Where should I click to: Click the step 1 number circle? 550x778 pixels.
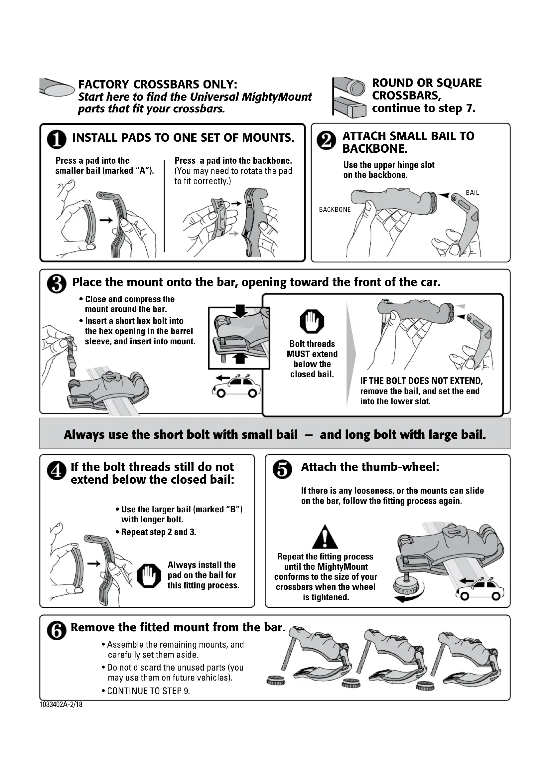click(x=57, y=140)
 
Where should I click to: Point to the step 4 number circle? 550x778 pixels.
click(x=57, y=471)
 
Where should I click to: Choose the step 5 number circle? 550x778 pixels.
click(x=282, y=470)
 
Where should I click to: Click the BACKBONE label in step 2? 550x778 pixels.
click(x=335, y=210)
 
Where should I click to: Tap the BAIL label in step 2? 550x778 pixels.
click(x=472, y=193)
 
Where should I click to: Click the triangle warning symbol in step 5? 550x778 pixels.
click(x=325, y=537)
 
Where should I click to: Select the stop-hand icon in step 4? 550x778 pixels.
click(x=149, y=576)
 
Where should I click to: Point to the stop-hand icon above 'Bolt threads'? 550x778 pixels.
click(x=312, y=321)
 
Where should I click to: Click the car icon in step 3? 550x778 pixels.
click(x=237, y=387)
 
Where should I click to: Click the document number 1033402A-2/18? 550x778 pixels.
click(x=61, y=704)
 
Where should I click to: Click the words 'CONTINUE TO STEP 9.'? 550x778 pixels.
click(x=148, y=691)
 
